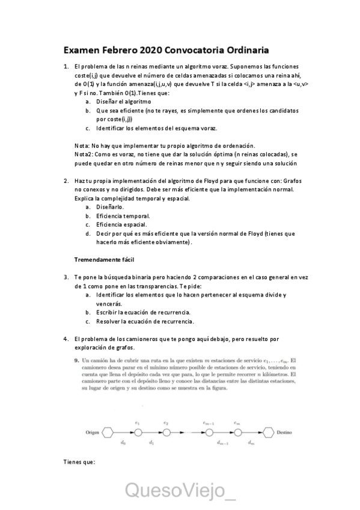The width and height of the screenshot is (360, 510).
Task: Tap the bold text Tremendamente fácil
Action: pos(104,259)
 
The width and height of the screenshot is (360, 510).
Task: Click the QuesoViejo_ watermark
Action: pos(180,490)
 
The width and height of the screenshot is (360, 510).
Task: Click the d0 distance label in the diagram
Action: pos(123,443)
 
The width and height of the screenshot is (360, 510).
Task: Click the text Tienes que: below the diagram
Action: pos(79,462)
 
